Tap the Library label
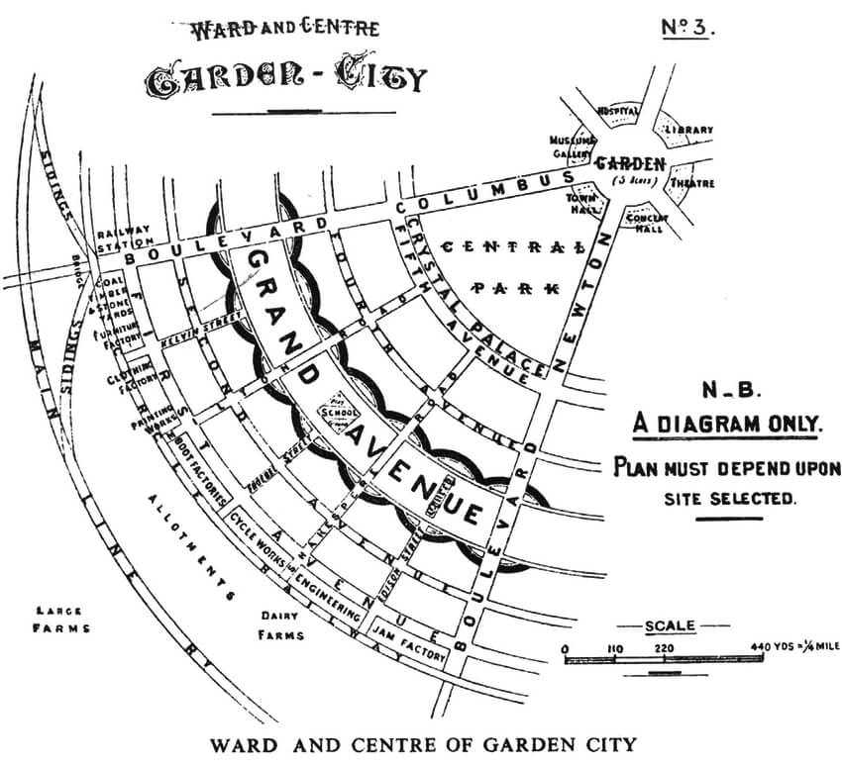688,130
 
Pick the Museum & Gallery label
571,145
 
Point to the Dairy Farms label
280,625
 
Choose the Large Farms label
61,620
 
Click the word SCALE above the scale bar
671,625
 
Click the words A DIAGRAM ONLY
728,425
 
